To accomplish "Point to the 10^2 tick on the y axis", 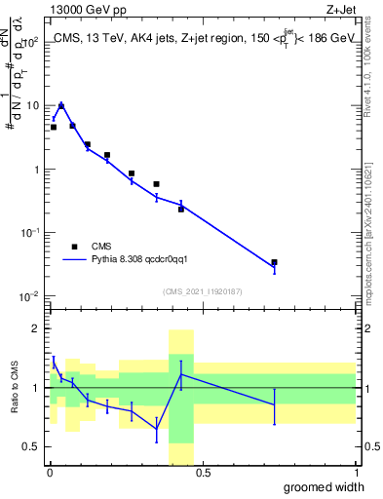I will point(30,42).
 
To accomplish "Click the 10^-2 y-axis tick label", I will point(30,296).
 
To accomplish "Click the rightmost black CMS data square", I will point(274,262).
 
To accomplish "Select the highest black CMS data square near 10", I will point(61,106).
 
